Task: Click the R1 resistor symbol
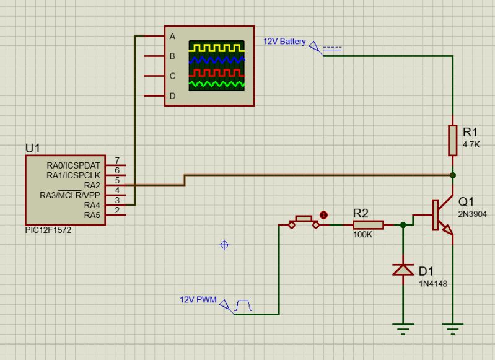point(453,140)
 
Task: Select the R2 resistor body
point(369,225)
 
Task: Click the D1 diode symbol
point(404,270)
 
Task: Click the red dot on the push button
point(323,215)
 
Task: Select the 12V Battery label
point(284,42)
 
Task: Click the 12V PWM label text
point(198,300)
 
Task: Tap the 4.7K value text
point(471,144)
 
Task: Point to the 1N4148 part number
point(432,284)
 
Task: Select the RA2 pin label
point(92,185)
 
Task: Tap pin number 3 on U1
point(116,200)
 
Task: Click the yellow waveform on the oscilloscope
point(217,47)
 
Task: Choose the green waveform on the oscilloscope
point(217,84)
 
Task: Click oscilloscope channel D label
point(173,96)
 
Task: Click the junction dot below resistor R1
point(453,175)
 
